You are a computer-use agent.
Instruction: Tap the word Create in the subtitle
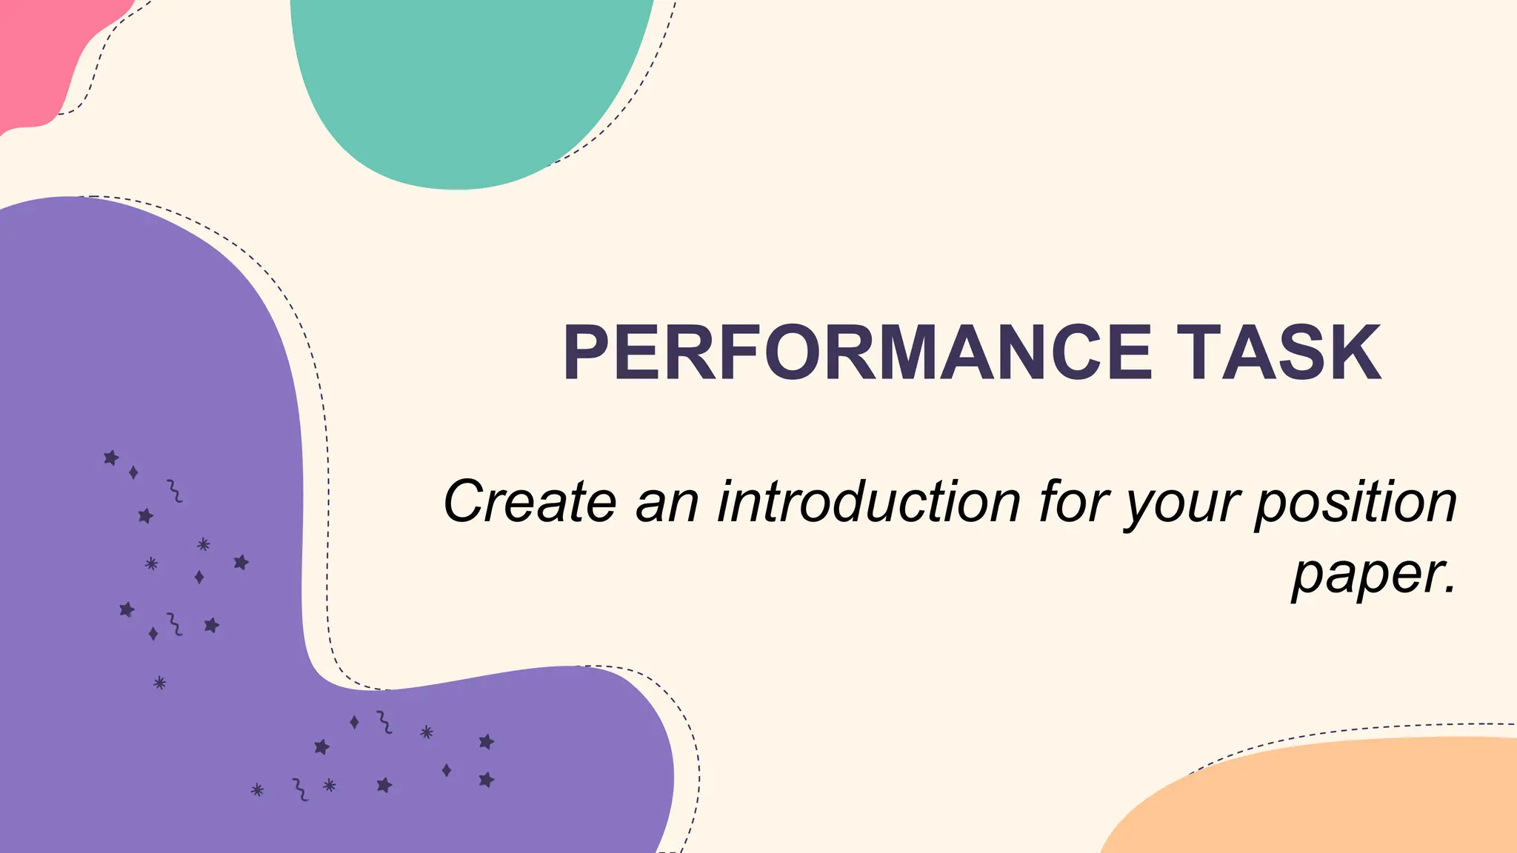530,502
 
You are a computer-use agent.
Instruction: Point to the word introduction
870,502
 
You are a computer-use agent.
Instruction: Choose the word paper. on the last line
1374,575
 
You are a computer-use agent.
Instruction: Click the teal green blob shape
467,81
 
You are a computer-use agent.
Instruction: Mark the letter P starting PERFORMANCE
590,353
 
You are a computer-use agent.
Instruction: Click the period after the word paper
1450,590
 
